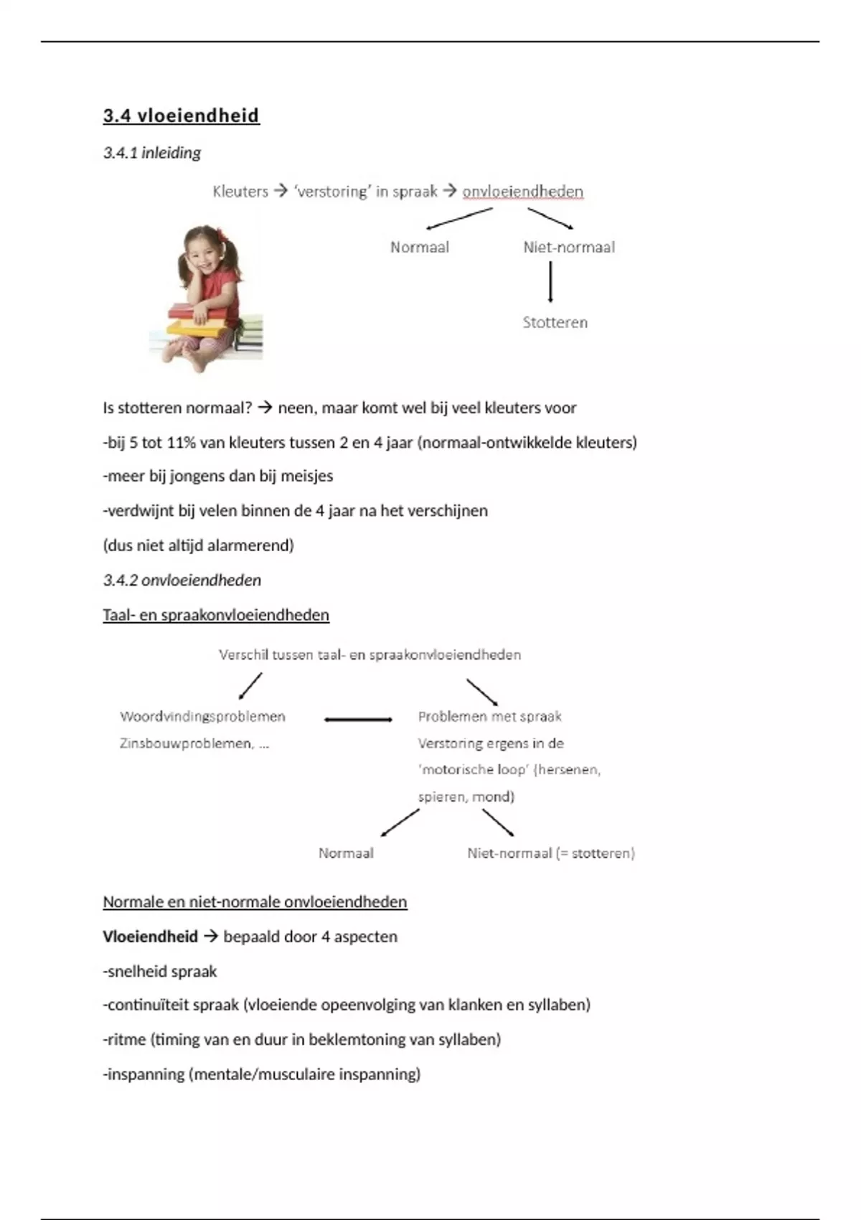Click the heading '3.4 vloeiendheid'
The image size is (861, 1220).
(x=181, y=116)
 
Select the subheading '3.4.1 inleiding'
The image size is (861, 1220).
(x=151, y=153)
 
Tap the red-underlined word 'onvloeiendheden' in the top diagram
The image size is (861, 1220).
(x=522, y=192)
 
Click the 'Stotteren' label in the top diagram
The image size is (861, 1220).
(x=555, y=323)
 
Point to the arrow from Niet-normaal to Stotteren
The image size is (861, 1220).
(x=550, y=281)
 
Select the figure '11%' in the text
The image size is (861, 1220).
(x=181, y=443)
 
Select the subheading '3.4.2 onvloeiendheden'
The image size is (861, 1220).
(x=182, y=581)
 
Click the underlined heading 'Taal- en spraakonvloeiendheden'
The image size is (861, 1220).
(x=216, y=615)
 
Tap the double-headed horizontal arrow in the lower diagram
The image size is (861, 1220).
(x=358, y=719)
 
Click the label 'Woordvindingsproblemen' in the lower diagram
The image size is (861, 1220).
(x=202, y=716)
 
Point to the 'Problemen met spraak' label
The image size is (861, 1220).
(x=489, y=716)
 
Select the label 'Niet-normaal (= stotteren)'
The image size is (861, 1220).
(x=550, y=853)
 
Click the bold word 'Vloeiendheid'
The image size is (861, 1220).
(x=150, y=937)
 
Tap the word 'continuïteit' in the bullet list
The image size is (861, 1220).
(x=147, y=1005)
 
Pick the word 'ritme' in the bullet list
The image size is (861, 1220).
(x=126, y=1039)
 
